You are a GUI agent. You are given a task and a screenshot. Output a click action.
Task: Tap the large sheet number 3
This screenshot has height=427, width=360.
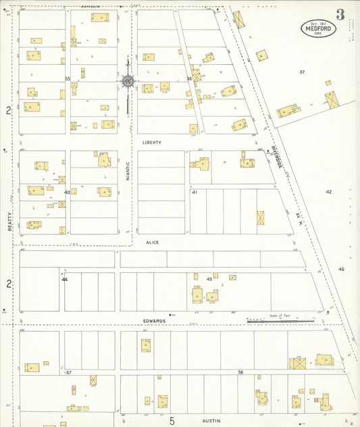pyautogui.click(x=340, y=13)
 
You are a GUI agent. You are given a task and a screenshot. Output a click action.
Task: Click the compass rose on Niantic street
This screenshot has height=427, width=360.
pyautogui.click(x=127, y=82)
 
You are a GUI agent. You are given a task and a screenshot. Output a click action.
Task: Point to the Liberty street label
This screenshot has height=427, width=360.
pyautogui.click(x=152, y=143)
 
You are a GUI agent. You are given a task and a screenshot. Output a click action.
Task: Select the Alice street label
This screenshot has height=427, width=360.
pyautogui.click(x=153, y=241)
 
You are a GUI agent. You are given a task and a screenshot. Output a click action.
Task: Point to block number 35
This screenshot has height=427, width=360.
pyautogui.click(x=68, y=79)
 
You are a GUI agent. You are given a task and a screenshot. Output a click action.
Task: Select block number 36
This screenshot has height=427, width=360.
pyautogui.click(x=190, y=79)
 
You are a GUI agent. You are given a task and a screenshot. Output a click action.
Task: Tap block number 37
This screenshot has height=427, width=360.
pyautogui.click(x=302, y=72)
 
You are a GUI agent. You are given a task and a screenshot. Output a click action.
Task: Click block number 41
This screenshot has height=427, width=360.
pyautogui.click(x=195, y=193)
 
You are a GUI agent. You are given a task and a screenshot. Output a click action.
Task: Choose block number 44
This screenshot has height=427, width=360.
pyautogui.click(x=65, y=279)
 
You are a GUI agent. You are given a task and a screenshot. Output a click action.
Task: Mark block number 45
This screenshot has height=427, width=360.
pyautogui.click(x=209, y=279)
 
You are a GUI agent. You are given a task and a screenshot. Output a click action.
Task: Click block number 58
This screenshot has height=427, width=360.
pyautogui.click(x=240, y=372)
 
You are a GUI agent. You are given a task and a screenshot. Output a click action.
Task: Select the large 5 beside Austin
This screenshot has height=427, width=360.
pyautogui.click(x=172, y=421)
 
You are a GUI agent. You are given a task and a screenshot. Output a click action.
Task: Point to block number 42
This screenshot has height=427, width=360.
pyautogui.click(x=329, y=192)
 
